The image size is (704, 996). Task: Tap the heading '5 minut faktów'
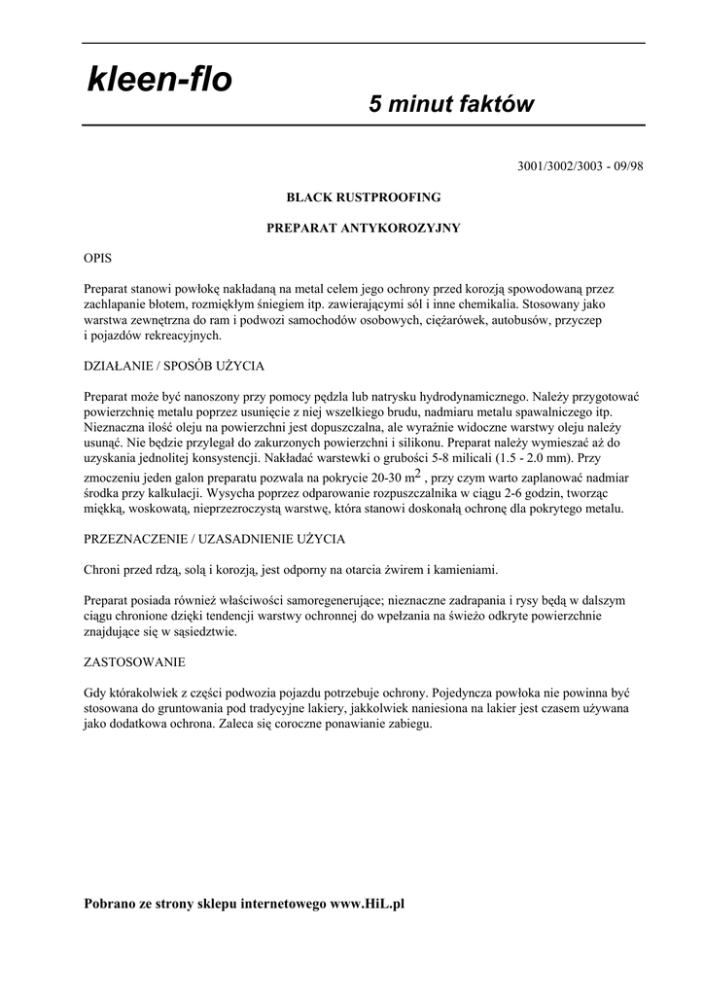451,104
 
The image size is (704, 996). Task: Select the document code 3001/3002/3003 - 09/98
581,165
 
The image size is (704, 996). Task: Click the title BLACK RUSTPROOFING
363,196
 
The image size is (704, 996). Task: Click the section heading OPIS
98,259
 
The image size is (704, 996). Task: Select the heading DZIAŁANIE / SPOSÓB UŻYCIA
174,366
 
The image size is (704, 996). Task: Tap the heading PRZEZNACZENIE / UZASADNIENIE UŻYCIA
215,538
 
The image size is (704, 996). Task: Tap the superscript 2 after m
417,474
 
